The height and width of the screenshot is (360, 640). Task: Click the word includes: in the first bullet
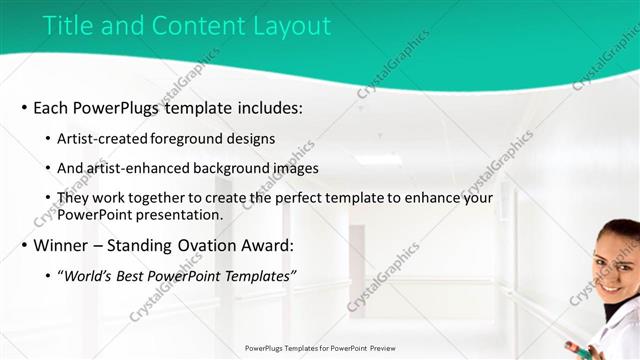[265, 108]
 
